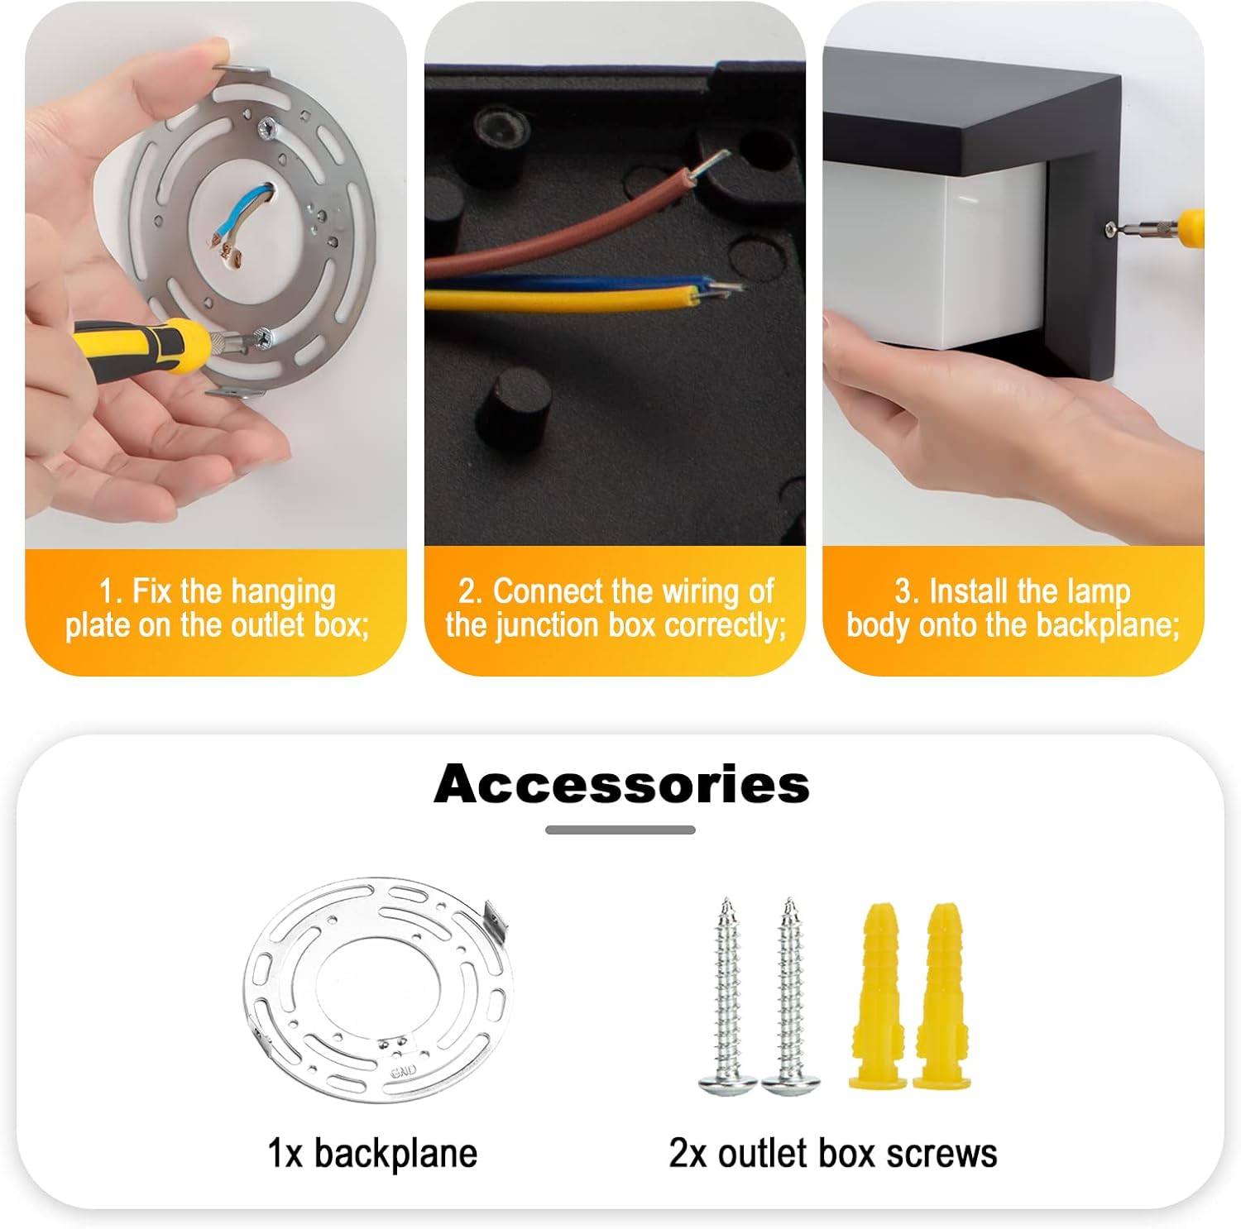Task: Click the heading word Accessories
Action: [x=621, y=783]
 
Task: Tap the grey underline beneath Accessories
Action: [x=620, y=830]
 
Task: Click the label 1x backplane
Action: [x=372, y=1153]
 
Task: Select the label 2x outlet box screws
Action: [x=833, y=1153]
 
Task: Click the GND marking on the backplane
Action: [x=404, y=1071]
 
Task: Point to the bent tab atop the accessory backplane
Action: [x=495, y=919]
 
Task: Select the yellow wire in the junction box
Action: [x=571, y=298]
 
